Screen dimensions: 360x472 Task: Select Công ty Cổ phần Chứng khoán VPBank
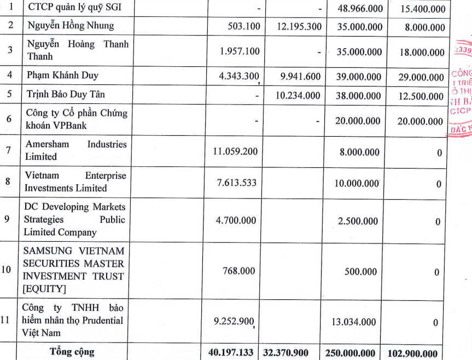(x=77, y=119)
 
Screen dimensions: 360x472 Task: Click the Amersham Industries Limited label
(x=75, y=150)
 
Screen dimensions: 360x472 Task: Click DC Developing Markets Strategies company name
(x=74, y=219)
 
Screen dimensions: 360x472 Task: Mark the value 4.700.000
(x=236, y=221)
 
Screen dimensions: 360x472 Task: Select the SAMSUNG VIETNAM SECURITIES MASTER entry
(x=74, y=270)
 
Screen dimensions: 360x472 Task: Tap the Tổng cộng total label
(x=72, y=352)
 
